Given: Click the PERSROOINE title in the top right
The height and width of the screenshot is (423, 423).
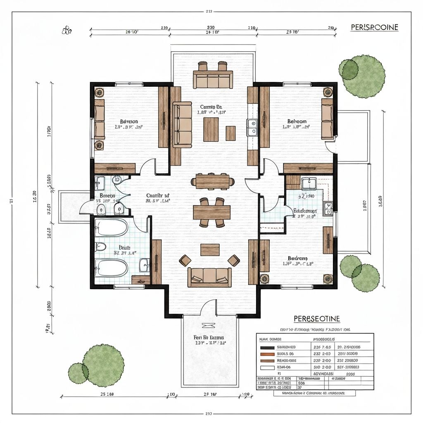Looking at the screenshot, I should point(374,27).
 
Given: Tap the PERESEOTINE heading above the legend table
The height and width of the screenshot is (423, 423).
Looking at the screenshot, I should point(317,319).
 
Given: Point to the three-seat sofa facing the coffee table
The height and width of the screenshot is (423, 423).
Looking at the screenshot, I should point(209,276).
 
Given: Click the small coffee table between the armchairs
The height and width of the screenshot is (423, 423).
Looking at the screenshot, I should point(210,250).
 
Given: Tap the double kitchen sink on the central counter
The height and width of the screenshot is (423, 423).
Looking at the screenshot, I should point(252,127).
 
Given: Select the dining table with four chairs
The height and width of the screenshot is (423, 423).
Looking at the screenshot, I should point(212,212).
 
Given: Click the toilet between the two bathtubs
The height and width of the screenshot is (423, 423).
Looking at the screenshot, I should point(100,247).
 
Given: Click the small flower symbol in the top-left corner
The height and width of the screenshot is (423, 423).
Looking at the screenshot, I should point(67,30).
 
